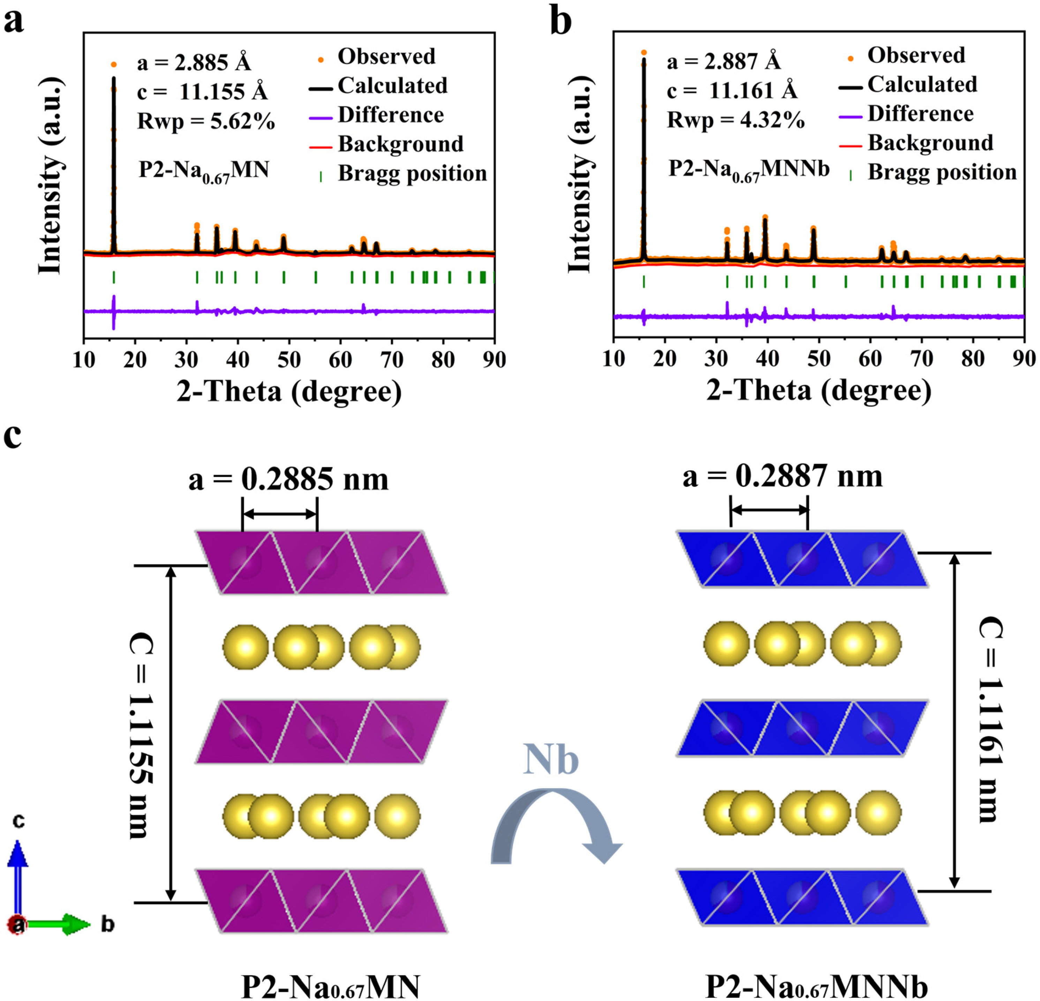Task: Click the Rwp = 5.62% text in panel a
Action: [206, 121]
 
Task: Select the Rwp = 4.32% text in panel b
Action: [736, 120]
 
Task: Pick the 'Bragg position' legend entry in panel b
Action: [942, 172]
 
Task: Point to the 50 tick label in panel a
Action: [289, 360]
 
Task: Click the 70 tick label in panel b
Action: [922, 359]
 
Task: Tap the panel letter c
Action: [13, 436]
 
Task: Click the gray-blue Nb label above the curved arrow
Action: [550, 760]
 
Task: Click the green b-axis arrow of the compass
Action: [58, 924]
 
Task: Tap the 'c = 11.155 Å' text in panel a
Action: [202, 92]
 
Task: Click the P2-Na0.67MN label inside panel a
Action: [204, 171]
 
